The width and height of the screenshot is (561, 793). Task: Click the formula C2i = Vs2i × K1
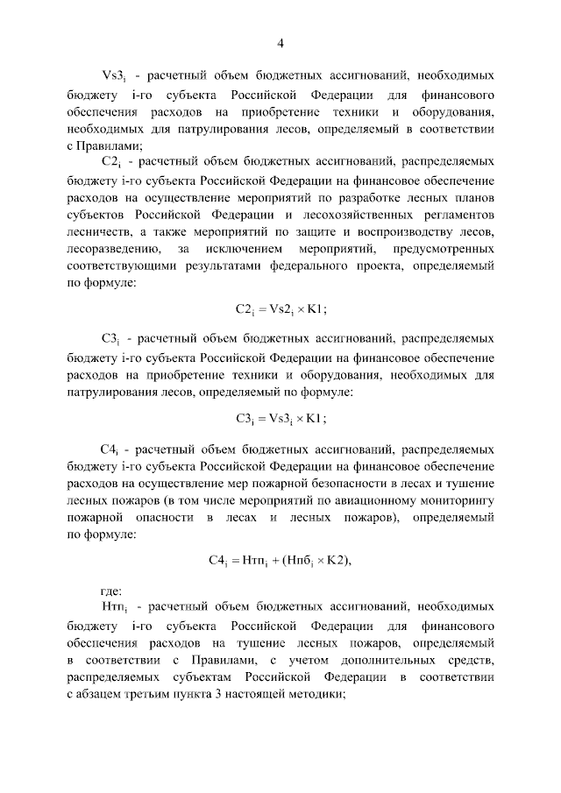pyautogui.click(x=280, y=308)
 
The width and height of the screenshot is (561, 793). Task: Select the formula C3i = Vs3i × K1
pyautogui.click(x=280, y=417)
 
